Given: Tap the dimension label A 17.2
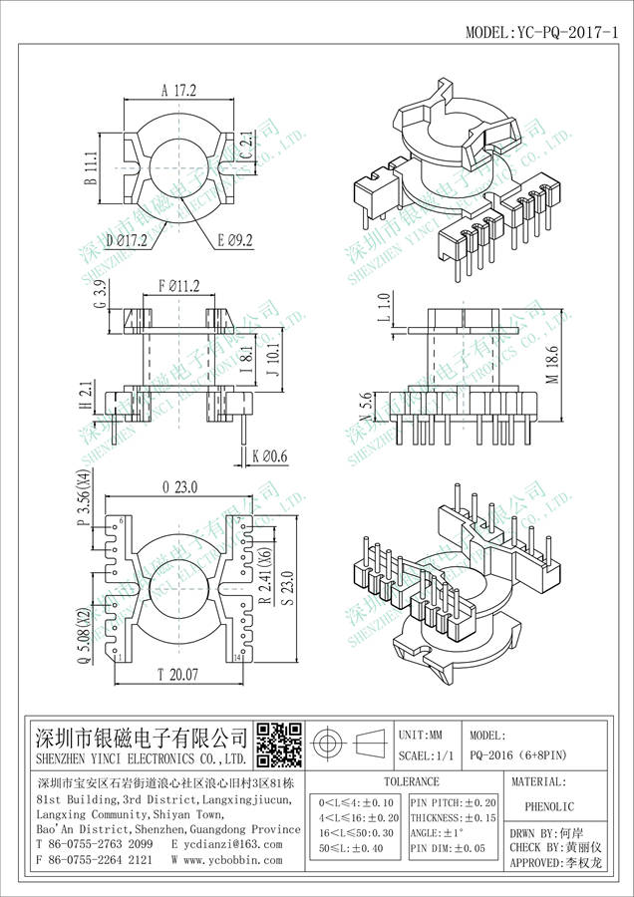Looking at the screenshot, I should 178,90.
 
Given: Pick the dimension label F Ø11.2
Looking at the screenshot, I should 179,286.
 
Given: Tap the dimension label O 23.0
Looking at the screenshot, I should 178,486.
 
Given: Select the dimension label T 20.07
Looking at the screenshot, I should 178,676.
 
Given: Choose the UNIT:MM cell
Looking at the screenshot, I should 427,734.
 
